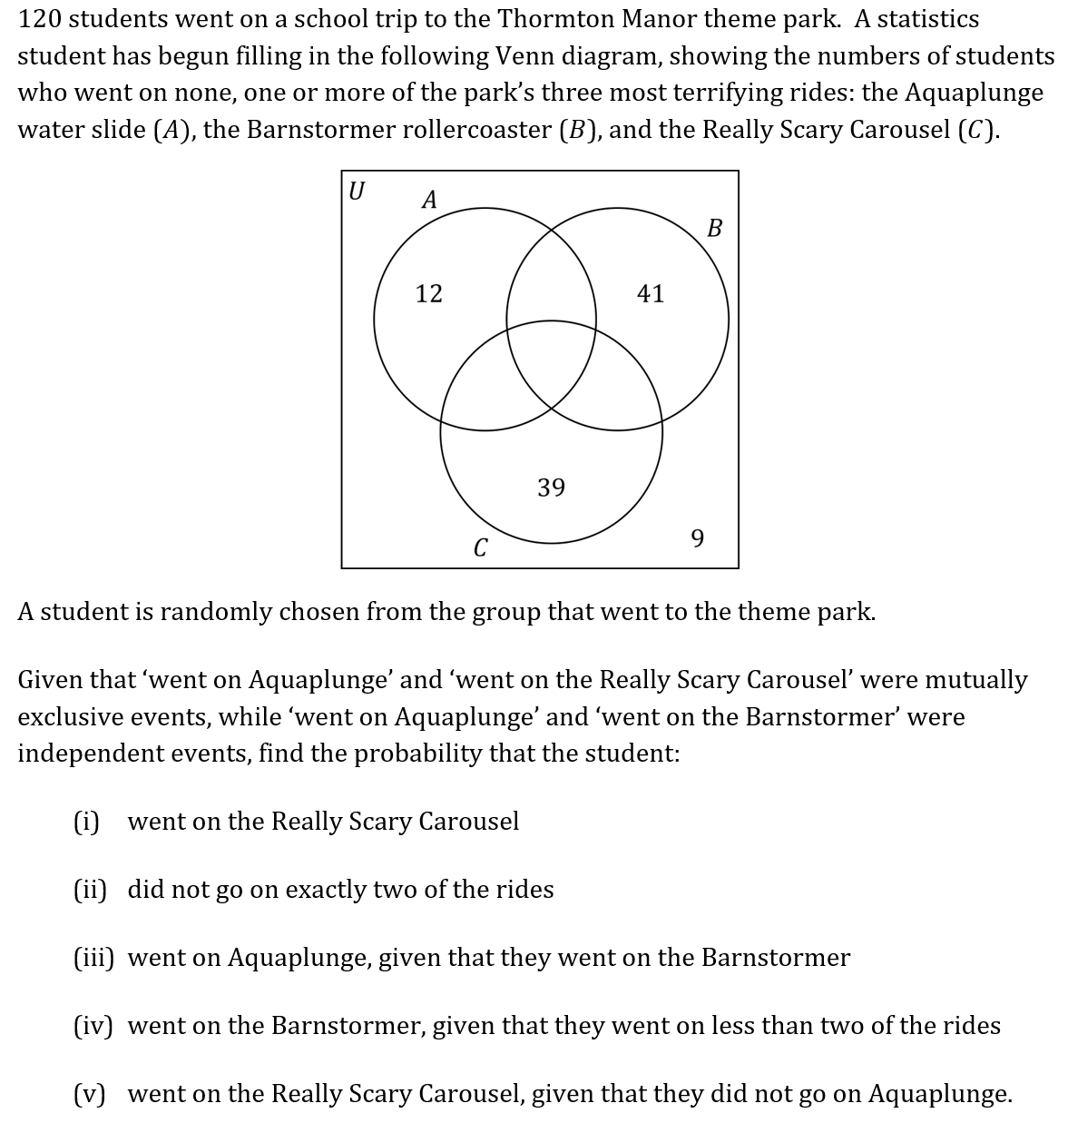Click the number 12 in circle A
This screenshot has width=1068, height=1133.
pos(428,293)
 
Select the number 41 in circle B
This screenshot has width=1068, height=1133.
pos(651,293)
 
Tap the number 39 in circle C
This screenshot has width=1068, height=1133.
pos(551,488)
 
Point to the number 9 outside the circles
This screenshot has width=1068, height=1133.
pos(697,538)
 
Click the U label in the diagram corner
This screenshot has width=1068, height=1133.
pos(358,191)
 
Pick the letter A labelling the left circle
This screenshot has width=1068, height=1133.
pos(430,199)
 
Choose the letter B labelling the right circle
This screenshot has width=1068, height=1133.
pos(714,228)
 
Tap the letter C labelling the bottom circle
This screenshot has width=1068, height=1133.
pos(480,547)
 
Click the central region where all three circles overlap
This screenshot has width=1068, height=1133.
pos(551,363)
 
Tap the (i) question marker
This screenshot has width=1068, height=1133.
pos(86,821)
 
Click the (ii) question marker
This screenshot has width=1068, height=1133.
pos(89,889)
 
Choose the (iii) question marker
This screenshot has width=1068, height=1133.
pos(93,957)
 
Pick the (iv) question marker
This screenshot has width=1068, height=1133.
pos(93,1025)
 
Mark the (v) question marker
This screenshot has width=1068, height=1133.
pos(89,1093)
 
